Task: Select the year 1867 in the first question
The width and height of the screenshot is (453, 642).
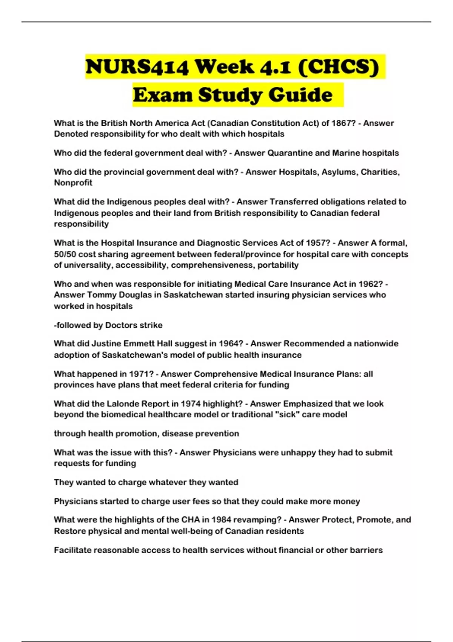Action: [x=340, y=123]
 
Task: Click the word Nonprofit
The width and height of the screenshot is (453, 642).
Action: [x=73, y=183]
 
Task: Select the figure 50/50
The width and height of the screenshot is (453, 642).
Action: [x=65, y=254]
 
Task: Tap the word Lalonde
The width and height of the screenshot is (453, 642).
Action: [x=124, y=404]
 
